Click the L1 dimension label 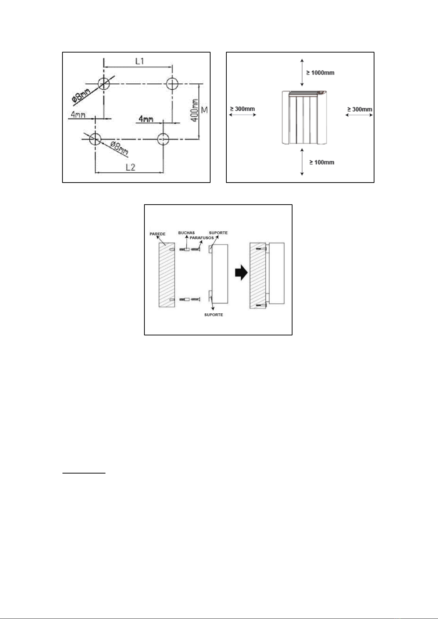point(140,61)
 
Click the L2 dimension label point(130,167)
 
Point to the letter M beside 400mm point(205,110)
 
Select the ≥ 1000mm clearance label point(320,73)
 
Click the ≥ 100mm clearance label point(322,162)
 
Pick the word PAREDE point(158,234)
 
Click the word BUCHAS point(186,233)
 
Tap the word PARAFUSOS point(202,238)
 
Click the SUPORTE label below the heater point(213,315)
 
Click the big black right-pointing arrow point(241,273)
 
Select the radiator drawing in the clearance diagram point(304,118)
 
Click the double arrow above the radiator point(302,72)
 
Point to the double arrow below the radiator point(302,162)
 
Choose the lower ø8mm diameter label point(119,148)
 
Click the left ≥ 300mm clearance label point(243,109)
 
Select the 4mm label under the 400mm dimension point(146,119)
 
